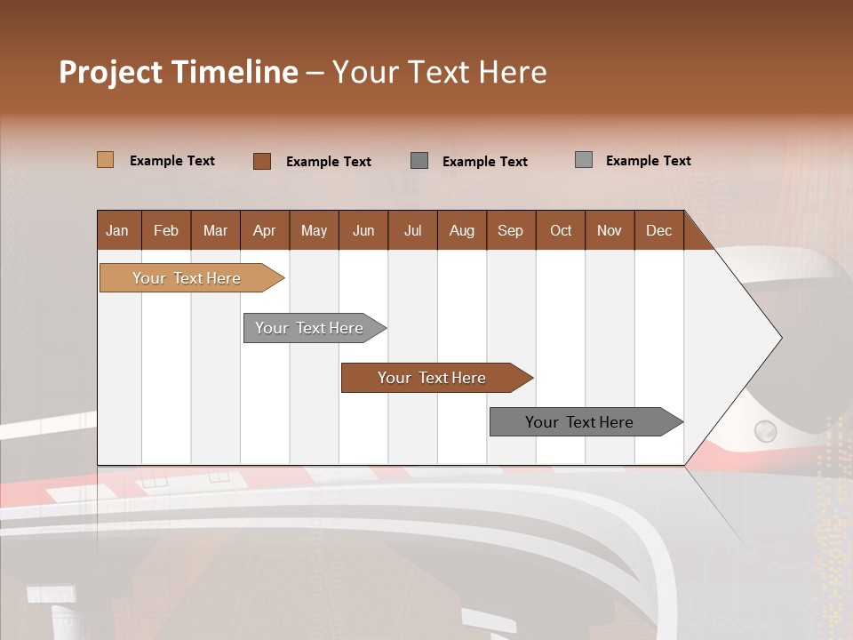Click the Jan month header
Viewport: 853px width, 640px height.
[x=117, y=230]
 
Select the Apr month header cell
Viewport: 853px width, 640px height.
[x=264, y=230]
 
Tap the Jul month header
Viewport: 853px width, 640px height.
[x=412, y=230]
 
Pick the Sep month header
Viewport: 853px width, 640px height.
[x=510, y=230]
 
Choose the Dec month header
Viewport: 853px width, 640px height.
[x=658, y=230]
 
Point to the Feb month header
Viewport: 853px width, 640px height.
[x=166, y=230]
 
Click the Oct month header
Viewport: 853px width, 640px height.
[x=561, y=230]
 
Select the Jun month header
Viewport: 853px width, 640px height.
[x=363, y=230]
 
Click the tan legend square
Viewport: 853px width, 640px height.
[x=105, y=160]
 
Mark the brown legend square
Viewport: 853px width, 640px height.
[x=261, y=161]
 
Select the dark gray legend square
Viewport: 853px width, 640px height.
[x=419, y=161]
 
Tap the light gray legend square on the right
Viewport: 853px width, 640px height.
[x=584, y=160]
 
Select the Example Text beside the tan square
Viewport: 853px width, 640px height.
[x=172, y=160]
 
